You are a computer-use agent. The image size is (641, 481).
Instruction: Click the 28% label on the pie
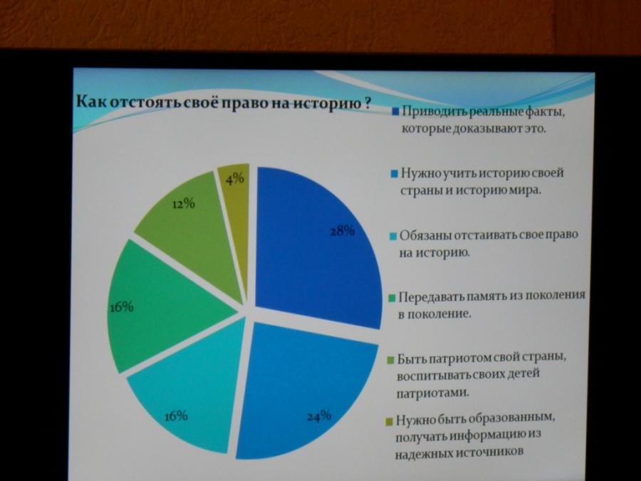343,231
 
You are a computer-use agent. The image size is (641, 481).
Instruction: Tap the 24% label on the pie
319,416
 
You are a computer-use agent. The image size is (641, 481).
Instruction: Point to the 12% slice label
184,204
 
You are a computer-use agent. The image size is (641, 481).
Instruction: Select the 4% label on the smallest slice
234,178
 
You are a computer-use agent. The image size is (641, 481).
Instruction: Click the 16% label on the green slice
121,307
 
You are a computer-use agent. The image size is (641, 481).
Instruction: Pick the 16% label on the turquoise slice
176,416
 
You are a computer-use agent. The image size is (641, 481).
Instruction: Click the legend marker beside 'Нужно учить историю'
395,174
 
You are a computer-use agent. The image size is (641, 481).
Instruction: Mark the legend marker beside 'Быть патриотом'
390,360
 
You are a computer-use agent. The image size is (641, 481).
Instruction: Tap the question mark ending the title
367,103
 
